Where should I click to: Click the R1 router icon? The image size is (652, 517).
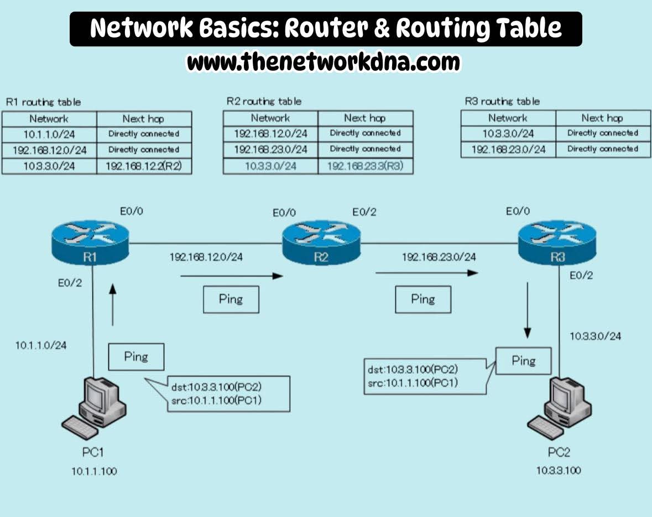coord(92,243)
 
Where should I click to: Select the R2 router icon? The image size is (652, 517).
coord(321,243)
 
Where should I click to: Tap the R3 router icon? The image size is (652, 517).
coord(557,243)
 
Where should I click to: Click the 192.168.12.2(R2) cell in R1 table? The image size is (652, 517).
coord(144,166)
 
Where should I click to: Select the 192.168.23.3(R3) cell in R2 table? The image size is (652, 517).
coord(365,165)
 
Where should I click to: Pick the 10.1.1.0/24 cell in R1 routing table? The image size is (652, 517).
coord(49,134)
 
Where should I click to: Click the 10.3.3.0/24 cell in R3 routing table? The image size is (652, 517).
coord(508,133)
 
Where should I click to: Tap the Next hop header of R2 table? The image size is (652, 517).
coord(365,118)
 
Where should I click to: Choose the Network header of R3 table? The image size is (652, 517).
coord(508,118)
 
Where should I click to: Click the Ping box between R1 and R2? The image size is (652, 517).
coord(231,299)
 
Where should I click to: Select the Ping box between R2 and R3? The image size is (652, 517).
coord(423,299)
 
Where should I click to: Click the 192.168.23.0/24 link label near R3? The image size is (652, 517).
coord(439,257)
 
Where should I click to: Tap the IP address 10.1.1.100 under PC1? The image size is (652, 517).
coord(94,471)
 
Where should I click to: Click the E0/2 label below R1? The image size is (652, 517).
coord(70,283)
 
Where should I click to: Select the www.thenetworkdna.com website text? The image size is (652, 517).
coord(324,62)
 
